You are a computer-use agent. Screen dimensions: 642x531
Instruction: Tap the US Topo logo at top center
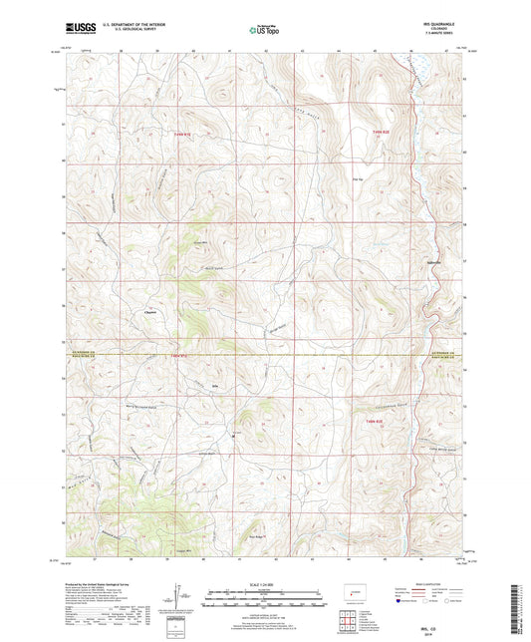click(264, 31)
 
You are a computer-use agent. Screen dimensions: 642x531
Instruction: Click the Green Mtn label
click(200, 240)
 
